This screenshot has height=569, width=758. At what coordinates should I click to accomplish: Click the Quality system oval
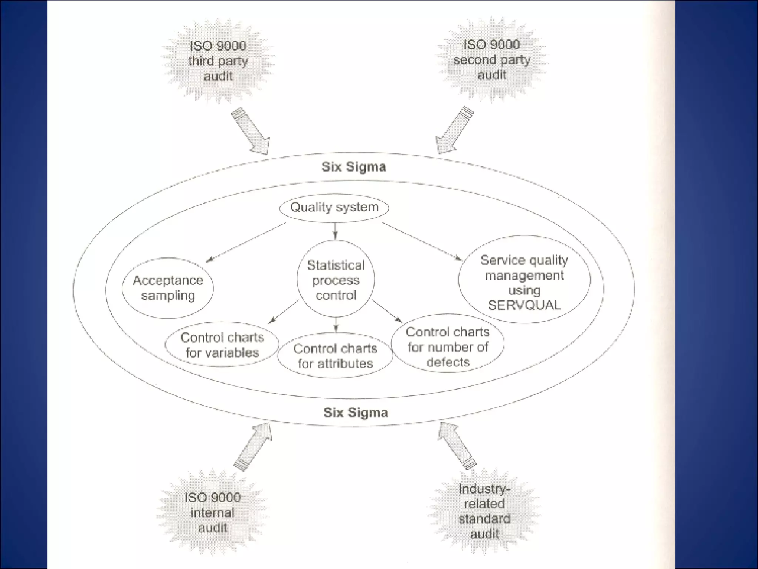(x=334, y=207)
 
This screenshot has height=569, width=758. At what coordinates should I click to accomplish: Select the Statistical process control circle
(x=336, y=280)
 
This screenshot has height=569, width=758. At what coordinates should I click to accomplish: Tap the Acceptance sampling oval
(x=168, y=288)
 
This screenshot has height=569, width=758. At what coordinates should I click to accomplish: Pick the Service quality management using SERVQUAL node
(x=524, y=280)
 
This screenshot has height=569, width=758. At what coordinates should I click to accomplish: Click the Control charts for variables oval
(x=222, y=345)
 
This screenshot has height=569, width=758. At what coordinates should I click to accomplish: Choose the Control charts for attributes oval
(x=335, y=356)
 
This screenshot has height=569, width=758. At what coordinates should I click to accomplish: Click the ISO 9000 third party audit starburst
(x=218, y=61)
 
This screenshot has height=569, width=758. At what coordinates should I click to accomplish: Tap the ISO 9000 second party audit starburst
(x=492, y=60)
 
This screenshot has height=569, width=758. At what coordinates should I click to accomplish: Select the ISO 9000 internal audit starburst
(x=212, y=513)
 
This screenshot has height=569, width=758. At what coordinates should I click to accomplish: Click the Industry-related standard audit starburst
(x=484, y=511)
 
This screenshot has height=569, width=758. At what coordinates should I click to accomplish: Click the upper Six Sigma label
(x=354, y=167)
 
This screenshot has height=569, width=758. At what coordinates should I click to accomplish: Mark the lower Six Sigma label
(x=356, y=413)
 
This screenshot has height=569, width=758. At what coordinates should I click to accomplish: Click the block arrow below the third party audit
(x=251, y=131)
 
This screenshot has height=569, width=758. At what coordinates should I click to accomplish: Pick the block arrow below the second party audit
(x=454, y=130)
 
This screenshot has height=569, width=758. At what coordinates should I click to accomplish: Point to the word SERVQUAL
(x=524, y=305)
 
